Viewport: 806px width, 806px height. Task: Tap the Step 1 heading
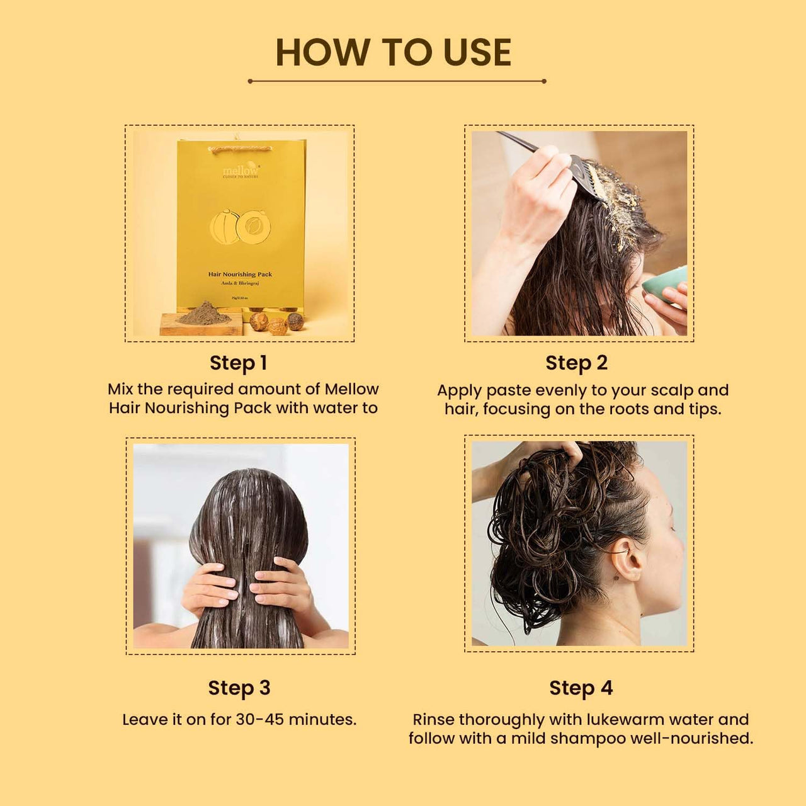pyautogui.click(x=239, y=363)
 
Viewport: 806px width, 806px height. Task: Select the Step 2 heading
pyautogui.click(x=576, y=363)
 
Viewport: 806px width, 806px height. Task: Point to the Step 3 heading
pyautogui.click(x=239, y=688)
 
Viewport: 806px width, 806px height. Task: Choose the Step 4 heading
pyautogui.click(x=581, y=688)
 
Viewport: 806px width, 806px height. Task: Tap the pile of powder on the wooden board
pyautogui.click(x=205, y=312)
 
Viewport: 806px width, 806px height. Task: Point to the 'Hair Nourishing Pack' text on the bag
pyautogui.click(x=240, y=275)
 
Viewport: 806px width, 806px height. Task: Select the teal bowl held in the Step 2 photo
pyautogui.click(x=664, y=285)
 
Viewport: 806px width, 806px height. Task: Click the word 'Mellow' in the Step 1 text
pyautogui.click(x=351, y=389)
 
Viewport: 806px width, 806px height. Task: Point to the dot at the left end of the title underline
pyautogui.click(x=250, y=81)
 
